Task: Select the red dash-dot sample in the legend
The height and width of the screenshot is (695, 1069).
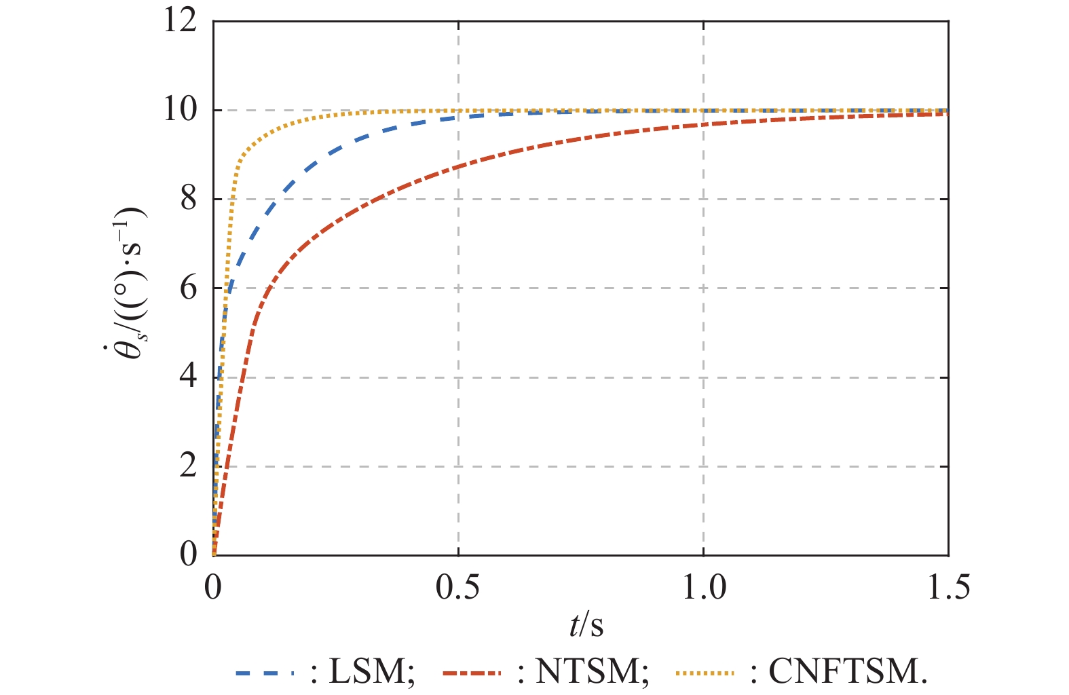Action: (x=472, y=673)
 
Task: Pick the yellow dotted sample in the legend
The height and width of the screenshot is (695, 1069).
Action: (x=705, y=673)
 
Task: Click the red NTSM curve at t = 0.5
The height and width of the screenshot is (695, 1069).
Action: (x=459, y=166)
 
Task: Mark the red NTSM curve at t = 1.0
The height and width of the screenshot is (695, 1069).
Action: (x=704, y=124)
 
